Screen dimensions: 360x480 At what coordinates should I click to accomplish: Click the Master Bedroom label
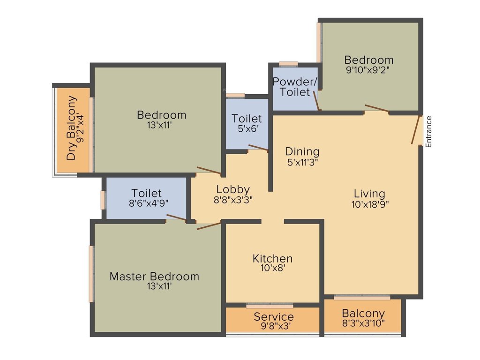coord(154,277)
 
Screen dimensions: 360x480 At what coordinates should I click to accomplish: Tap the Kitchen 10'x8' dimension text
coord(272,268)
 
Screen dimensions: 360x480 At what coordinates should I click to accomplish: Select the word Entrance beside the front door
coord(428,132)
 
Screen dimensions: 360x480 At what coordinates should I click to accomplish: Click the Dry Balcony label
coord(72,128)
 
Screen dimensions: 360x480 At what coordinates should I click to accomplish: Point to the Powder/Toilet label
coord(295,87)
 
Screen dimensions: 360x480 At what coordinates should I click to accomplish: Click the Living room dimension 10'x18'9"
coord(369,204)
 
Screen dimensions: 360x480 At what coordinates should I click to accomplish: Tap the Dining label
coord(302,152)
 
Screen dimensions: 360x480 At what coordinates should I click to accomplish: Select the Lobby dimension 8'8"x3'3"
coord(233,199)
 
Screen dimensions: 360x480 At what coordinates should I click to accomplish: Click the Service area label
coord(274,317)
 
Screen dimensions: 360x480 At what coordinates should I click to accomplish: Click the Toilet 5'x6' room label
coord(247,119)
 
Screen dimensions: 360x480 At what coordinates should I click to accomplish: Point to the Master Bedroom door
coord(209,226)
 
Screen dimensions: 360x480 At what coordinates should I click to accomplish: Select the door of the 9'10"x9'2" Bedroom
coord(377,109)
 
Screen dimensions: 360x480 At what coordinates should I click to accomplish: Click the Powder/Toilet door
coord(316,100)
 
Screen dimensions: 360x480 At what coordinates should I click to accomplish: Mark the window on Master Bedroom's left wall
coord(91,274)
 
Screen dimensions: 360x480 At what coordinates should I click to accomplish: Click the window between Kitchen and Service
coord(270,306)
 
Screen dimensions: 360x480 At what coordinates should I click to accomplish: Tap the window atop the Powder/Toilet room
coord(288,64)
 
